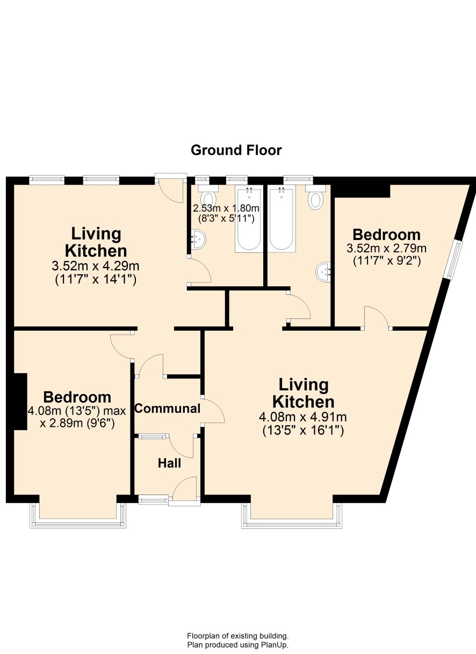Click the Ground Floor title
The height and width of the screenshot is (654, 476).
point(236,150)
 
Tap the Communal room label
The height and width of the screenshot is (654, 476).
point(167,409)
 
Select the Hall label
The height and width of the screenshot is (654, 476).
point(169,463)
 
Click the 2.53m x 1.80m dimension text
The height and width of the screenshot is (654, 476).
point(226,208)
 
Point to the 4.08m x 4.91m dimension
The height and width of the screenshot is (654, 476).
point(302,417)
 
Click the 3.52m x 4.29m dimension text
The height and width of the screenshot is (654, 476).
point(96,266)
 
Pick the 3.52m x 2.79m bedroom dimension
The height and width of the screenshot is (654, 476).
point(386,249)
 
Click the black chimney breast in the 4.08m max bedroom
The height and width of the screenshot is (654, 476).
point(20,402)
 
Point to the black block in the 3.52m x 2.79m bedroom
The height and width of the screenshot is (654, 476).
point(362,191)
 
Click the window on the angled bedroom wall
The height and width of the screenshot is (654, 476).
point(452,260)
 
